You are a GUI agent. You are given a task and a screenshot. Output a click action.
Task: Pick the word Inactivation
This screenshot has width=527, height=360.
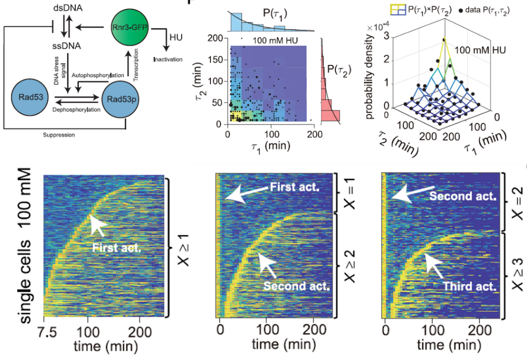[x=168, y=60]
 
